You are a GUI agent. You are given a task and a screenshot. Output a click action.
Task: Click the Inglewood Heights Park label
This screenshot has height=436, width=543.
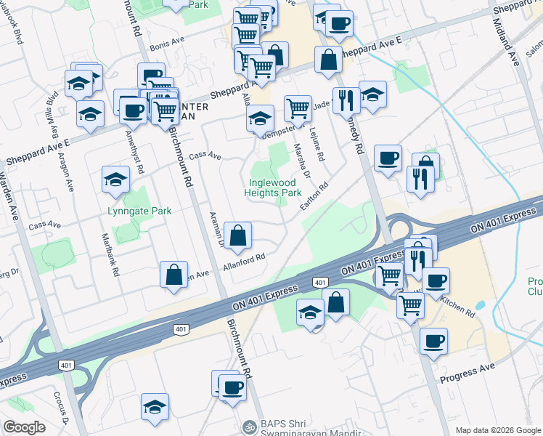pyautogui.click(x=275, y=187)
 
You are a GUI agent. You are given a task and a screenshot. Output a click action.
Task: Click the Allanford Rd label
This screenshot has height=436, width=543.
pyautogui.click(x=245, y=259)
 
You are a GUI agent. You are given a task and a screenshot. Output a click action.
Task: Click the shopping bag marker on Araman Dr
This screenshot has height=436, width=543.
pyautogui.click(x=237, y=236)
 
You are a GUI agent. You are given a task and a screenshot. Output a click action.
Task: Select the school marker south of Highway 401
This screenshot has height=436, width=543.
pyautogui.click(x=310, y=314)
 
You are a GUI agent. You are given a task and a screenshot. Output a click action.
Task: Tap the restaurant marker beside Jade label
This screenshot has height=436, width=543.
pyautogui.click(x=346, y=101)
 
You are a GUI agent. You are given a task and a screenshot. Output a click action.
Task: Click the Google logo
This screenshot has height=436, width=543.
pyautogui.click(x=24, y=427)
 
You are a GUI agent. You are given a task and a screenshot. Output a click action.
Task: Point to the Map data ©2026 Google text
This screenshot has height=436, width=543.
pyautogui.click(x=498, y=429)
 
